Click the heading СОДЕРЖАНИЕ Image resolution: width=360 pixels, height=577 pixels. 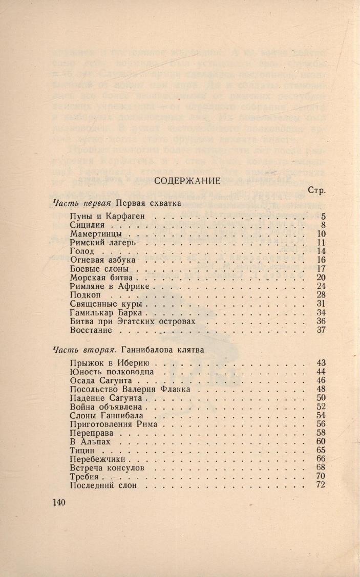(187, 180)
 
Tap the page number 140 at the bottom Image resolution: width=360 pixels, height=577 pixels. (60, 502)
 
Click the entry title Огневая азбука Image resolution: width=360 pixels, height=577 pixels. (101, 260)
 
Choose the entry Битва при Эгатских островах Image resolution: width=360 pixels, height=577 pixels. (133, 322)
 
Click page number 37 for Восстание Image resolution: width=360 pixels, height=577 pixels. (321, 330)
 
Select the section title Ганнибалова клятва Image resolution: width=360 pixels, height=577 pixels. (163, 351)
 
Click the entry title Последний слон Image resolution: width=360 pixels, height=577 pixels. (103, 485)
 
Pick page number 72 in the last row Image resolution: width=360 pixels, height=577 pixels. (321, 485)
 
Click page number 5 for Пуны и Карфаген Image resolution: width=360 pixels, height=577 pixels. (323, 216)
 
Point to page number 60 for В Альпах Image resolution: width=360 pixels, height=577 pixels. (321, 441)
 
